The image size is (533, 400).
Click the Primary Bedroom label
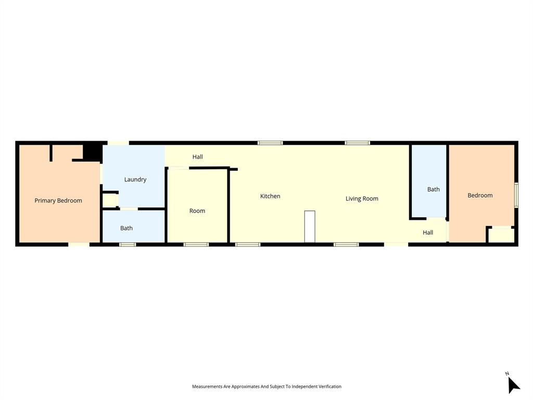point(58,201)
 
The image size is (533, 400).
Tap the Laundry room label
point(135,180)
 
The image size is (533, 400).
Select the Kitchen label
point(270,196)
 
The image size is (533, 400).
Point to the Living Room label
point(362,198)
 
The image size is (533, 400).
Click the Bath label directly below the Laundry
point(126,228)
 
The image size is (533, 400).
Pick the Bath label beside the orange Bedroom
point(434,190)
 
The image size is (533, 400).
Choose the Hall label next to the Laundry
point(197,157)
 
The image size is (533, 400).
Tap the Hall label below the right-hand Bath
point(428,233)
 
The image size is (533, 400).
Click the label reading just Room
point(197,211)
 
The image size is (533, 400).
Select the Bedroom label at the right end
point(480,195)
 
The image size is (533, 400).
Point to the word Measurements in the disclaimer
point(207,386)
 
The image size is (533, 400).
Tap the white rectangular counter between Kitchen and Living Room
point(310,227)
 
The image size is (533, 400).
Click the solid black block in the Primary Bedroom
point(93,152)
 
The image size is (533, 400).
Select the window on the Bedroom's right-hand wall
point(516,195)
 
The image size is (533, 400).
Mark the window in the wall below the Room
point(196,244)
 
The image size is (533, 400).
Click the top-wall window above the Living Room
point(358,143)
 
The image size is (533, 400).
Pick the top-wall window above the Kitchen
point(270,143)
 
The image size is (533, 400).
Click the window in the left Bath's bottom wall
point(128,244)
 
